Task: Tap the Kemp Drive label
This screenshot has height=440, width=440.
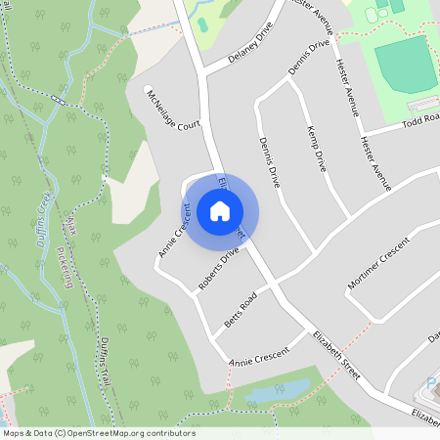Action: [316, 149]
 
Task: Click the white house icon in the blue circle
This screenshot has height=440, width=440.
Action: [220, 211]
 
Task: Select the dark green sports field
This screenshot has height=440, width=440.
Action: [405, 65]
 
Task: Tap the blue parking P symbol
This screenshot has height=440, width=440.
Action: [432, 382]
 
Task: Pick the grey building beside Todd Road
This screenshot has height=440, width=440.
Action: [422, 104]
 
